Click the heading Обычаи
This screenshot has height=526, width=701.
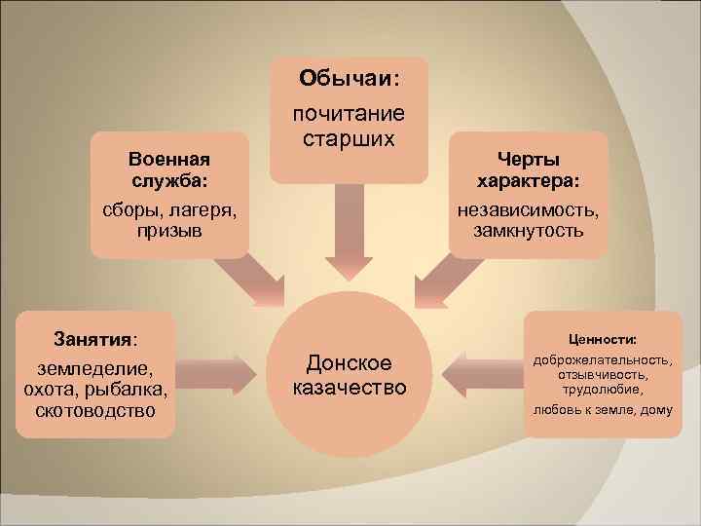pyautogui.click(x=348, y=77)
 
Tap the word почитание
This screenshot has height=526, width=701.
pyautogui.click(x=349, y=114)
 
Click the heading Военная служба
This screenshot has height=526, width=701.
pyautogui.click(x=170, y=169)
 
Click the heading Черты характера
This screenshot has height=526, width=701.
pyautogui.click(x=529, y=169)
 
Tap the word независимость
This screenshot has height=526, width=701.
pyautogui.click(x=529, y=210)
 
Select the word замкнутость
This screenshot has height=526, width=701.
pyautogui.click(x=529, y=231)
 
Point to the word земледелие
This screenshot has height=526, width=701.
pyautogui.click(x=94, y=370)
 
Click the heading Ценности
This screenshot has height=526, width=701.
pyautogui.click(x=603, y=340)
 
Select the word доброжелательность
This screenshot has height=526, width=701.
pyautogui.click(x=603, y=361)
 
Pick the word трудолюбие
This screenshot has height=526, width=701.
pyautogui.click(x=603, y=389)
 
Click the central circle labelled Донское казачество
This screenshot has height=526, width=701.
pyautogui.click(x=349, y=376)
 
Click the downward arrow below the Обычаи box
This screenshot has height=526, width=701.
pyautogui.click(x=349, y=229)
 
